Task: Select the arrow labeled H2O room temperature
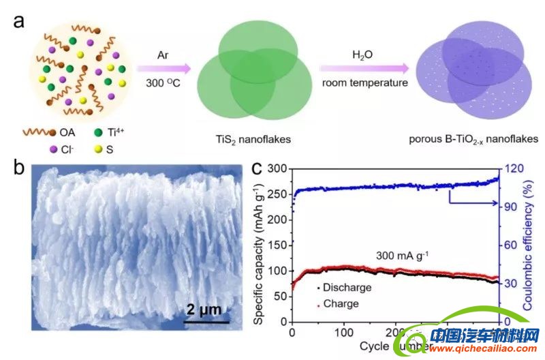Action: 364,68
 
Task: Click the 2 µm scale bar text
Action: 205,310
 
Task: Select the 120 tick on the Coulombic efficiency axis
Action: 512,168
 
